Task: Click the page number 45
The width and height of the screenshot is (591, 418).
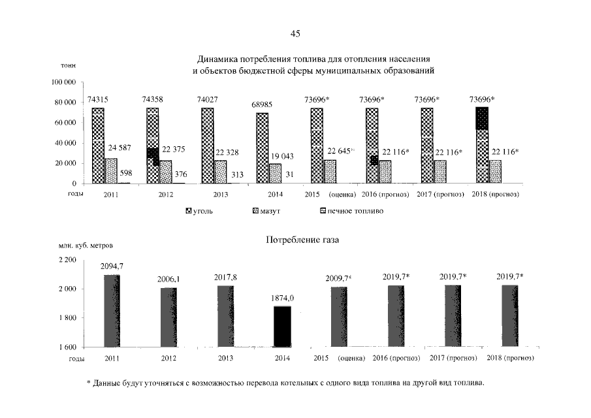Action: click(x=295, y=33)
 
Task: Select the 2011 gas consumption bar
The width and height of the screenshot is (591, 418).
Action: click(x=112, y=310)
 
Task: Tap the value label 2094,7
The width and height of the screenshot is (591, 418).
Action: click(x=113, y=266)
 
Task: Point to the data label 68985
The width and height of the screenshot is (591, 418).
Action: click(x=262, y=105)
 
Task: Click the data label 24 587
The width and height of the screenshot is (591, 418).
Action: click(x=119, y=148)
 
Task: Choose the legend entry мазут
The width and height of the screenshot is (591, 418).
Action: click(x=264, y=212)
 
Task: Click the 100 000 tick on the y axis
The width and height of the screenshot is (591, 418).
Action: click(x=63, y=82)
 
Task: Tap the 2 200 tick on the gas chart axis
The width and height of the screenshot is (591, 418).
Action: click(x=69, y=260)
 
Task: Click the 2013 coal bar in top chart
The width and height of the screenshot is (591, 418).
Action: click(x=208, y=145)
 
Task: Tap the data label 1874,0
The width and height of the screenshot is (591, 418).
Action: click(x=282, y=298)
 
